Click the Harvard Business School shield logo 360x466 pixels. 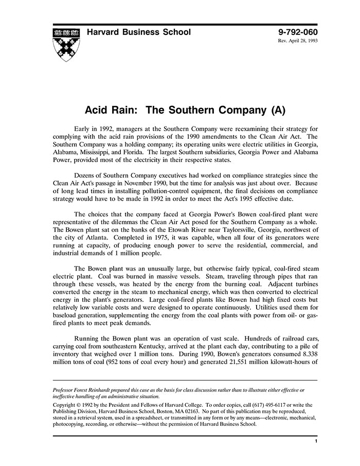click(x=66, y=44)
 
